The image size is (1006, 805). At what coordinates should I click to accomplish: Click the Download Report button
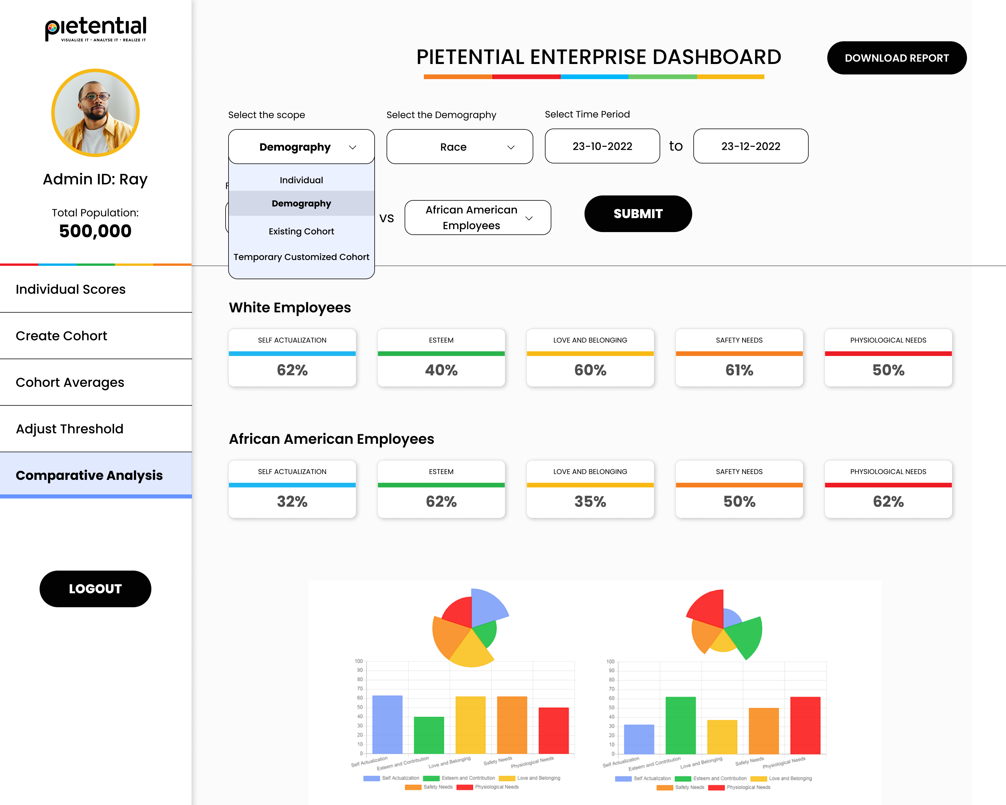(896, 58)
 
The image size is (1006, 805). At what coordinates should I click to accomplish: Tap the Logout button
(95, 589)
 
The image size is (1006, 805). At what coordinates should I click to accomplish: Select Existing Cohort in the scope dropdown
(302, 231)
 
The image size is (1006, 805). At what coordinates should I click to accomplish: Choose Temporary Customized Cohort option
(302, 257)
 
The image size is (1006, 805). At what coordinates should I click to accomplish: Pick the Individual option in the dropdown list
(302, 180)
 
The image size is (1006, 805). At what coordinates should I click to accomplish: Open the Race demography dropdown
(460, 147)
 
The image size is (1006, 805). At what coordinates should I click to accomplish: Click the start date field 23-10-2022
(602, 146)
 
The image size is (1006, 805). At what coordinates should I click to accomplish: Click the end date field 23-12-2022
(751, 146)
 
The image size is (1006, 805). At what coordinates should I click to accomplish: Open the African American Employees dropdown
(478, 218)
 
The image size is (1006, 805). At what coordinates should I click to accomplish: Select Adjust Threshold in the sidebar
(70, 429)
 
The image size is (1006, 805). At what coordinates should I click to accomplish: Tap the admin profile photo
(95, 113)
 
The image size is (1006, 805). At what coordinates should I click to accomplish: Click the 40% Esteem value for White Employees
(441, 370)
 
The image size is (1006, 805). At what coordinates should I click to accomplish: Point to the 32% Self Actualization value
(292, 502)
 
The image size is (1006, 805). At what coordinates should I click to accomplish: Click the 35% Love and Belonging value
(590, 502)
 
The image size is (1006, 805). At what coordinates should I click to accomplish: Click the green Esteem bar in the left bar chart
(429, 735)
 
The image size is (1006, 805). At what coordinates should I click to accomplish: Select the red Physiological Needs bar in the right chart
(805, 725)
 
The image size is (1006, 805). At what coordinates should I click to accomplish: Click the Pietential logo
(96, 29)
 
